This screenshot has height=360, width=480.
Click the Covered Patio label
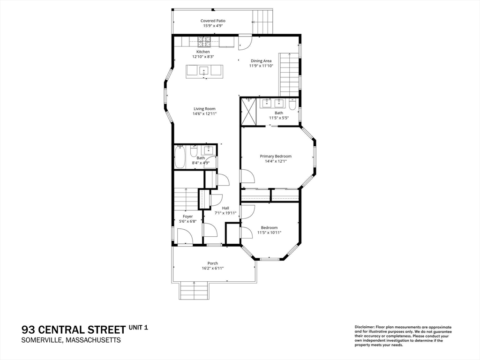coord(213,21)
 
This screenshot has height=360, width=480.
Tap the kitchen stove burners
coord(204,39)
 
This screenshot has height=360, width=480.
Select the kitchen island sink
coord(204,71)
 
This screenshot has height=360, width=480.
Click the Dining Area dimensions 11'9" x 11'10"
coord(261,66)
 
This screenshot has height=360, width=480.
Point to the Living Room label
coord(204,109)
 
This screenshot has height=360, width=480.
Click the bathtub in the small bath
coord(180,157)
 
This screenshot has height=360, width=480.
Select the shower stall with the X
coord(248,112)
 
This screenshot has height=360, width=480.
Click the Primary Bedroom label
coord(276,156)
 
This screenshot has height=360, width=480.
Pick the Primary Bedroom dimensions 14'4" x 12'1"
coord(276,161)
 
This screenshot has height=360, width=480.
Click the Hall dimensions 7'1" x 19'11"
coord(225,213)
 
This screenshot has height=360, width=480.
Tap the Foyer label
coord(187,217)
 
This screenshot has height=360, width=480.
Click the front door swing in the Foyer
coord(185,236)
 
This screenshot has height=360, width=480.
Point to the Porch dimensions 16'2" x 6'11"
coord(213,268)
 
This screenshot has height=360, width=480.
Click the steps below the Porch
coord(194,291)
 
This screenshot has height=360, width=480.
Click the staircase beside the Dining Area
coord(289,75)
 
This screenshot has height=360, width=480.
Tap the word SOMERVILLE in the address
coord(41,340)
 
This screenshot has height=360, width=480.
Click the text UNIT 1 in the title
coord(138,328)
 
